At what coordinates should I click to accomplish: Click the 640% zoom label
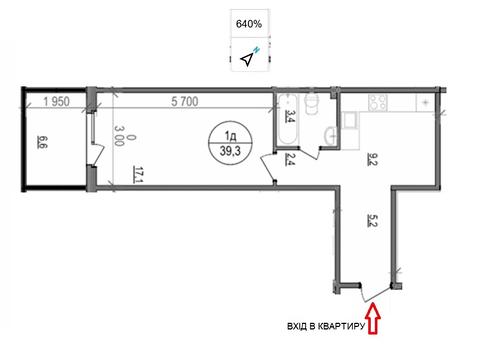[x=249, y=24]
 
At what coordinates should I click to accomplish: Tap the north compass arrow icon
[x=247, y=59]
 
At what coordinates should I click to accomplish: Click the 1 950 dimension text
[x=57, y=101]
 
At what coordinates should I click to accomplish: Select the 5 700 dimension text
[x=185, y=101]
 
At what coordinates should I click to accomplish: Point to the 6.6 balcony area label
[x=42, y=142]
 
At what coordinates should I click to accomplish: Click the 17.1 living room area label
[x=137, y=174]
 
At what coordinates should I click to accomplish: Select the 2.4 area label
[x=289, y=159]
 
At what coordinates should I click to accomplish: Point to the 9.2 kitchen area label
[x=372, y=159]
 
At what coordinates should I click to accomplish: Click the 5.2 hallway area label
[x=372, y=220]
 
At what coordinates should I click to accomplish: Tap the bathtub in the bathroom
[x=287, y=119]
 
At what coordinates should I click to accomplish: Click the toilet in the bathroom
[x=312, y=104]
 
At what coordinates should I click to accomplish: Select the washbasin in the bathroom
[x=330, y=136]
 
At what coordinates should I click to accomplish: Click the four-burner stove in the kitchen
[x=378, y=103]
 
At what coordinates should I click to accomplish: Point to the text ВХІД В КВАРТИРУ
[x=326, y=326]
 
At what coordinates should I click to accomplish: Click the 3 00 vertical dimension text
[x=119, y=135]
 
